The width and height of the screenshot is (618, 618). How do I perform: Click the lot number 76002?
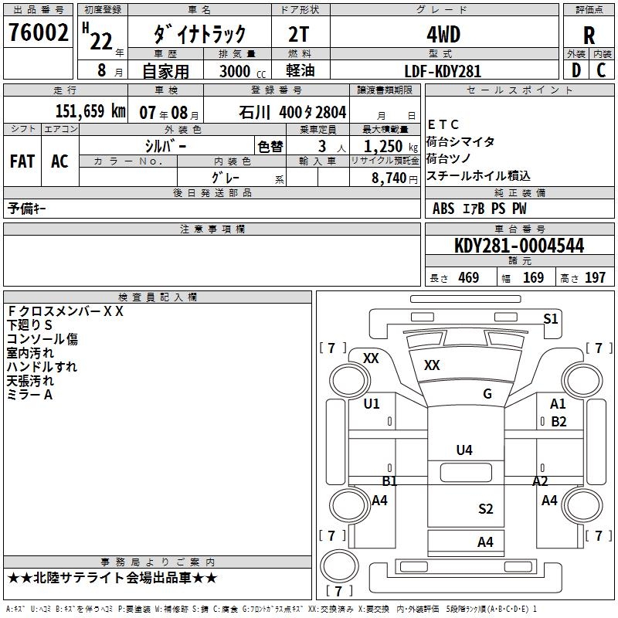click(x=39, y=34)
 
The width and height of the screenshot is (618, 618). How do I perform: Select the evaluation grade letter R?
click(x=589, y=36)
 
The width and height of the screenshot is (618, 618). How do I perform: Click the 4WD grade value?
click(x=443, y=35)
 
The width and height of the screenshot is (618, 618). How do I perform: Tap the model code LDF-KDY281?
click(x=443, y=71)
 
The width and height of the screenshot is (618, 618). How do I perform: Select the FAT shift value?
click(x=22, y=161)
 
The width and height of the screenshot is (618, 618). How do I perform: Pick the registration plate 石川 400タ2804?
click(x=293, y=111)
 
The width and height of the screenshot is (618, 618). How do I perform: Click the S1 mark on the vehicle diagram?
click(x=551, y=319)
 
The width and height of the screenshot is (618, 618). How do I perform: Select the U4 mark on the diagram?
click(x=464, y=450)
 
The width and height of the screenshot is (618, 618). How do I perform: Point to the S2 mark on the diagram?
click(x=485, y=508)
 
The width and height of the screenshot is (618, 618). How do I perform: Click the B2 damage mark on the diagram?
click(x=559, y=422)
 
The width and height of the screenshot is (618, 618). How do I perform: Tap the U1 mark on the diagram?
click(x=372, y=404)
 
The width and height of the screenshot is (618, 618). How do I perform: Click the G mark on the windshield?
click(x=487, y=394)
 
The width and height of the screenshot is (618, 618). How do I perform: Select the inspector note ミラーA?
click(x=29, y=395)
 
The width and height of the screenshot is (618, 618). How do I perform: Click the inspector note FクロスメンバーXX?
click(x=65, y=311)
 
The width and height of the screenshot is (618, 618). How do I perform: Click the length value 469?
click(x=469, y=278)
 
